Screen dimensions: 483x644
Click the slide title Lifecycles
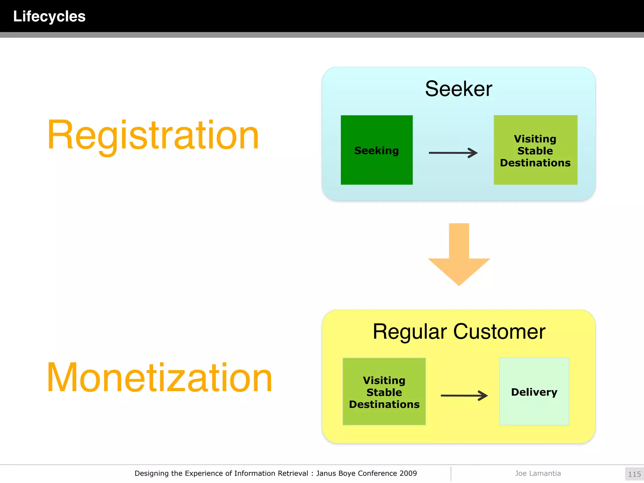49,16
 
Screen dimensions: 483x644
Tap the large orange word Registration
153,136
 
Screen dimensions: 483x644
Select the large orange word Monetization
159,378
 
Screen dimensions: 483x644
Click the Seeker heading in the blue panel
458,89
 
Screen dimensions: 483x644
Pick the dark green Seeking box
376,150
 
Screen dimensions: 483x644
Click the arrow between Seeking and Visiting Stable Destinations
453,153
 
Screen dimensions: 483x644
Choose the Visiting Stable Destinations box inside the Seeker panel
535,150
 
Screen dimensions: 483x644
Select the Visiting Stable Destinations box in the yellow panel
384,392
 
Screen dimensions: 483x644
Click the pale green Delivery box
534,392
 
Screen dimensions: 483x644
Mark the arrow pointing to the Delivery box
464,396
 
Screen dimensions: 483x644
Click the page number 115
634,474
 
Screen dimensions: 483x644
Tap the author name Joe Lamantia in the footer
538,473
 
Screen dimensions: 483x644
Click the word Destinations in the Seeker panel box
535,163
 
